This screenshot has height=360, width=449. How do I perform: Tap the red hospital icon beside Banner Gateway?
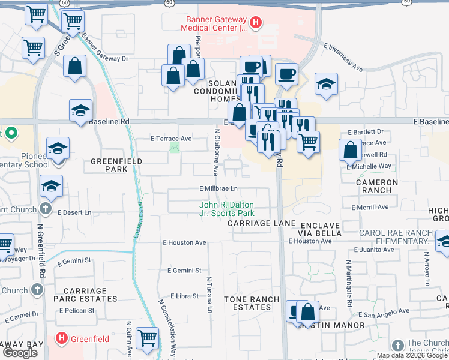pos(256,23)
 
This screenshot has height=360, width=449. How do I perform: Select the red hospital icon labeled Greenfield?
pos(61,339)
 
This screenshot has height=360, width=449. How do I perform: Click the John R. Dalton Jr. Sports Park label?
pos(227,209)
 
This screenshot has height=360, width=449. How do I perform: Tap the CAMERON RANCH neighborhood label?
pos(377,186)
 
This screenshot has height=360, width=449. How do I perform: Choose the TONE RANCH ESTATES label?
pos(252,303)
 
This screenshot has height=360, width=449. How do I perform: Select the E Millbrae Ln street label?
pos(218,188)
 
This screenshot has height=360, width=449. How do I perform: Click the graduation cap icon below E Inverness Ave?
pos(326,84)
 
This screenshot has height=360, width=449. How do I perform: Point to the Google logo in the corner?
pos(20,353)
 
